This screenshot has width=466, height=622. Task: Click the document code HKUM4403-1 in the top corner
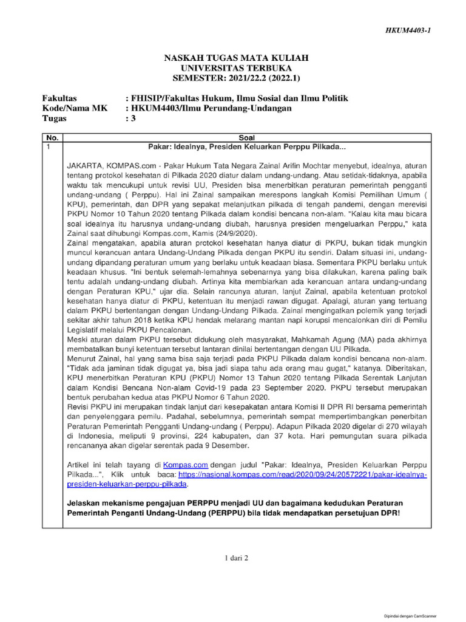coord(409,31)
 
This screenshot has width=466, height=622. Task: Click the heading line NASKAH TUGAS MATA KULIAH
coord(237,57)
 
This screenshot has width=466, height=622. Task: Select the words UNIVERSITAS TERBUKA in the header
coord(237,67)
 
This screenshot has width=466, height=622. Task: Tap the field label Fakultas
coord(59,98)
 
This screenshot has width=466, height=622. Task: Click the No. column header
coord(52,138)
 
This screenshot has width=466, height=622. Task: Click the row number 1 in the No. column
coord(49,147)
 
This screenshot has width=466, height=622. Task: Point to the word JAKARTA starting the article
coord(84,165)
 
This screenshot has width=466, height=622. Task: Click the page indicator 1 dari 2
coord(232,557)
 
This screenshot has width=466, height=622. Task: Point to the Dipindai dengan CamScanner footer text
coord(410,616)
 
